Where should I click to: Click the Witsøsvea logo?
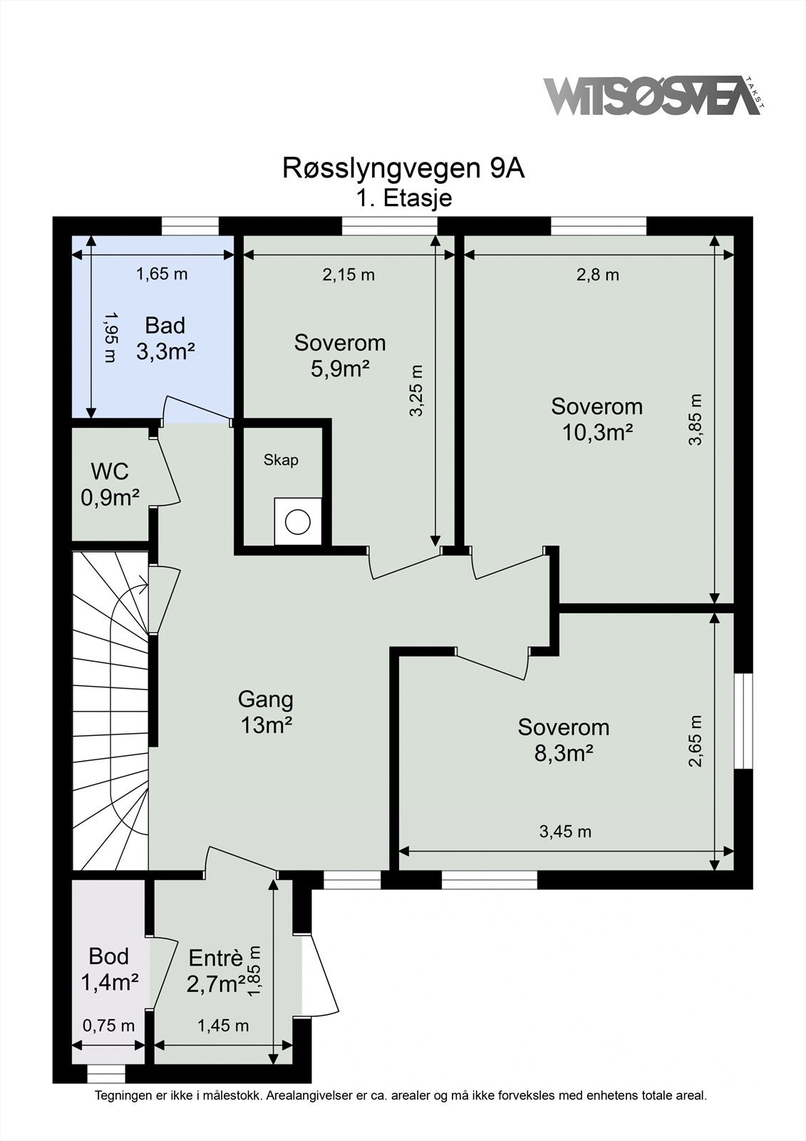pyautogui.click(x=654, y=96)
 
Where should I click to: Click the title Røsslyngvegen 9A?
pyautogui.click(x=403, y=169)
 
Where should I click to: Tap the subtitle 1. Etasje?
pyautogui.click(x=403, y=198)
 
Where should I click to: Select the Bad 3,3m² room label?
pyautogui.click(x=165, y=338)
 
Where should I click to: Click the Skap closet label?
pyautogui.click(x=281, y=460)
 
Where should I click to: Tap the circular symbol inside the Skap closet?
pyautogui.click(x=298, y=522)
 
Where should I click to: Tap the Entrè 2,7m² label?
pyautogui.click(x=216, y=971)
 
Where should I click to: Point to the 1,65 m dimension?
pyautogui.click(x=162, y=275)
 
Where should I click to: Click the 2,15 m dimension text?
pyautogui.click(x=348, y=275)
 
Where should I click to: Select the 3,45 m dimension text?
pyautogui.click(x=565, y=832)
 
